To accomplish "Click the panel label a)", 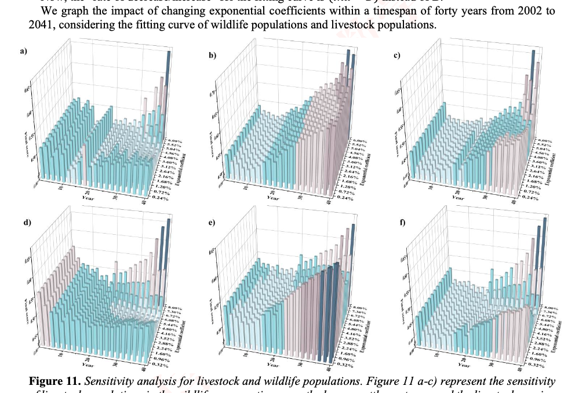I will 23,52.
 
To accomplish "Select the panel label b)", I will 213,56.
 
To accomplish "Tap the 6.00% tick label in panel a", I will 176,140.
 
